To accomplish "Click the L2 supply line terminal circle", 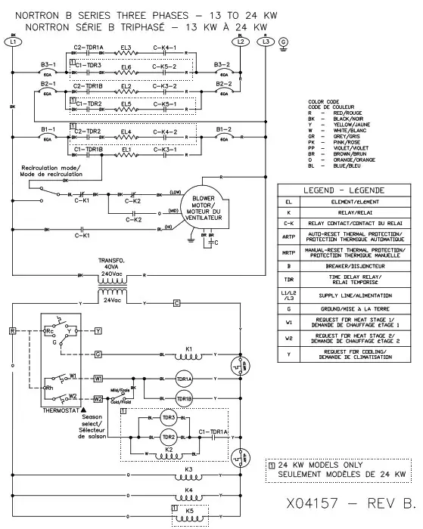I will point(240,42).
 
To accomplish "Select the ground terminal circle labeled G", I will point(284,42).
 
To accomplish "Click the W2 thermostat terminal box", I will point(98,398).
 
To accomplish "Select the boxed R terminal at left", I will point(13,330).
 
